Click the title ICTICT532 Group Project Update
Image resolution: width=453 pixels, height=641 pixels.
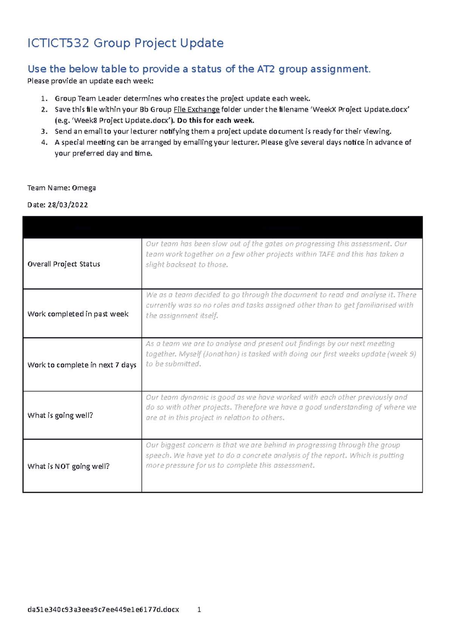point(125,43)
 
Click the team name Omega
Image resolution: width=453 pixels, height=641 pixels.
point(84,188)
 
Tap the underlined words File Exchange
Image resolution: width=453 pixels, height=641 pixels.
point(196,110)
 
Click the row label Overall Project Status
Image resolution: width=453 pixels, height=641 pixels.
point(64,264)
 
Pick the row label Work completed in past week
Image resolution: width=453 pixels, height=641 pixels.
point(78,314)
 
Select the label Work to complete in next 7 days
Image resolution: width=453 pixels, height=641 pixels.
point(82,365)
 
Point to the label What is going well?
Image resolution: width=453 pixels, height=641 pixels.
point(60,416)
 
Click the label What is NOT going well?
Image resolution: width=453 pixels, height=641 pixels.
point(68,467)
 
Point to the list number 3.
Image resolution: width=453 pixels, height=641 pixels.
point(44,132)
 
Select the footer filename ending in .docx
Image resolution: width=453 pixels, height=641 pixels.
point(103,609)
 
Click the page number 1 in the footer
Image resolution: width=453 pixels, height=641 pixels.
point(199,609)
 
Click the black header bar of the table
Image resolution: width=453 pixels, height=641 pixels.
point(222,227)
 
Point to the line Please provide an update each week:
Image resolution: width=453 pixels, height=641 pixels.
point(90,81)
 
